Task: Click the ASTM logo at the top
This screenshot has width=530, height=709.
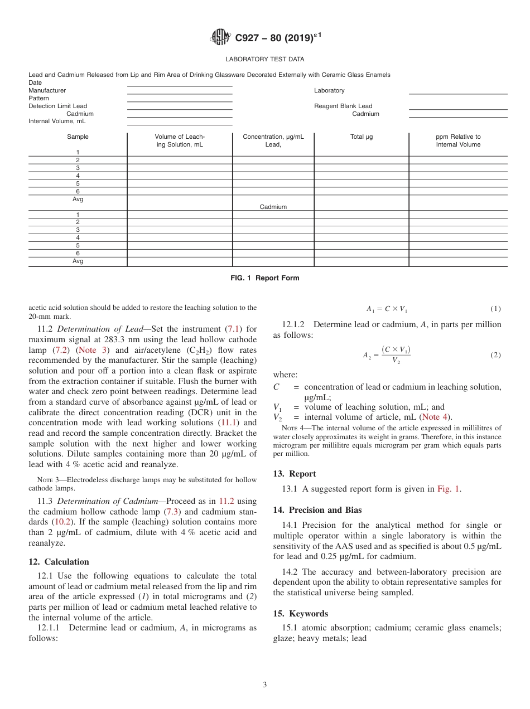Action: pyautogui.click(x=221, y=37)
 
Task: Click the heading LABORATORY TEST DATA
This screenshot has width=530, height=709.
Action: pyautogui.click(x=264, y=59)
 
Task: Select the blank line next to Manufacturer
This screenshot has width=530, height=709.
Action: pyautogui.click(x=180, y=91)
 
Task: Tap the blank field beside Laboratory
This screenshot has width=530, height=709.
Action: pyautogui.click(x=457, y=91)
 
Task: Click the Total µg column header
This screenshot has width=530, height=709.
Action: pyautogui.click(x=361, y=137)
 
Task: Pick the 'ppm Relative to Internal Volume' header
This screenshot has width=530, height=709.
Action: pyautogui.click(x=458, y=140)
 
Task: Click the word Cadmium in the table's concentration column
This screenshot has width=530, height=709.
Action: pyautogui.click(x=273, y=207)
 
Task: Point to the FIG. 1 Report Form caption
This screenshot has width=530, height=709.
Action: pyautogui.click(x=264, y=278)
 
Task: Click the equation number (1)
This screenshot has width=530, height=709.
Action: pyautogui.click(x=495, y=309)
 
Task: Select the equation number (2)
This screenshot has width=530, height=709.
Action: pyautogui.click(x=495, y=355)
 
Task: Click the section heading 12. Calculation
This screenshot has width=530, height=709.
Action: pyautogui.click(x=59, y=562)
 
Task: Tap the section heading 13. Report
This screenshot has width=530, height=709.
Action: pyautogui.click(x=294, y=474)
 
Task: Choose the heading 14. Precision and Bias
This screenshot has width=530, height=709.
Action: pyautogui.click(x=317, y=510)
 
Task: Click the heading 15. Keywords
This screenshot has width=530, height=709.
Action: pyautogui.click(x=300, y=614)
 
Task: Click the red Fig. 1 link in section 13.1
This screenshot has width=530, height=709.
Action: pyautogui.click(x=449, y=489)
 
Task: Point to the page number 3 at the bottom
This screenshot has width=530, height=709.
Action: pyautogui.click(x=265, y=684)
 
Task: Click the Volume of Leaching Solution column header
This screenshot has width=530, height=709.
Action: pyautogui.click(x=180, y=140)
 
